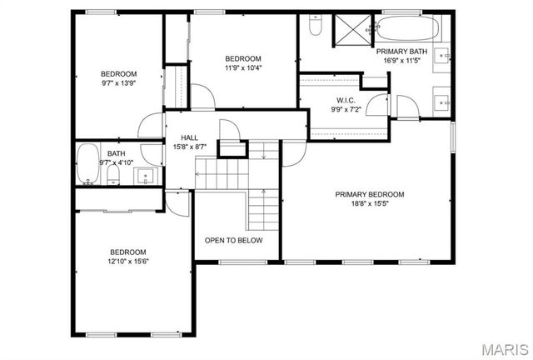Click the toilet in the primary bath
point(316,26)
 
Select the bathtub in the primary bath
point(408,31)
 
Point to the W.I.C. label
point(324,99)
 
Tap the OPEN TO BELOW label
point(234,240)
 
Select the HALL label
point(190,138)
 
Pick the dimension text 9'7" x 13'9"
point(118,82)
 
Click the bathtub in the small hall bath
point(87,164)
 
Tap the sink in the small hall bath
point(147,176)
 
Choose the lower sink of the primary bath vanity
point(442,102)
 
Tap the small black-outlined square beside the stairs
point(232,148)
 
